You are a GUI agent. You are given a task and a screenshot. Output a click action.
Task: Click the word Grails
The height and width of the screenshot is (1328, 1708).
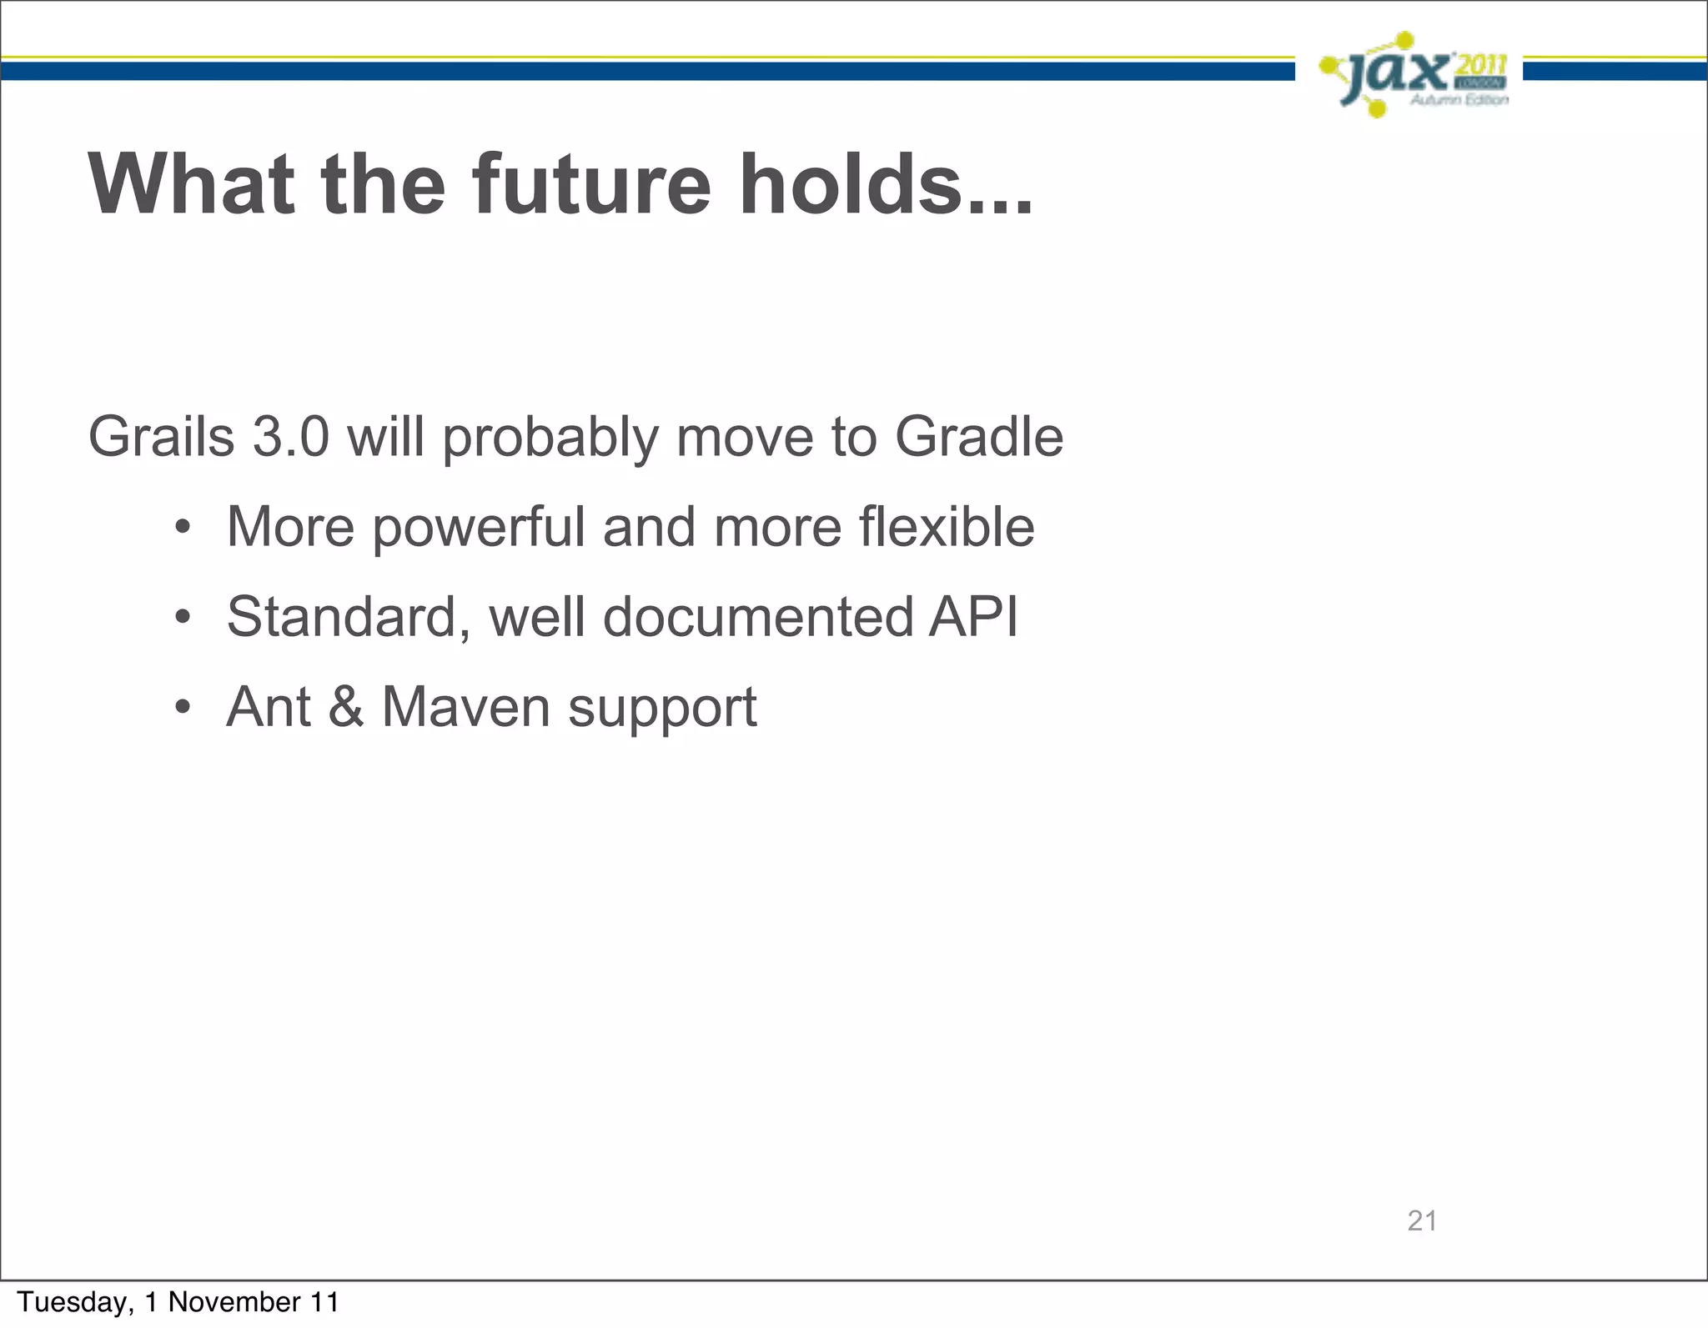click(162, 437)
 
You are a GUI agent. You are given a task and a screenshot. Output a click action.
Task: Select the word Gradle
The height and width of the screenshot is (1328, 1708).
click(979, 437)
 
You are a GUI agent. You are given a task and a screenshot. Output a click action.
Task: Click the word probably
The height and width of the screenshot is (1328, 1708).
click(550, 438)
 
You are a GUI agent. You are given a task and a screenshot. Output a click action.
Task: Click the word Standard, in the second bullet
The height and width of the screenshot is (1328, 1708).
click(349, 619)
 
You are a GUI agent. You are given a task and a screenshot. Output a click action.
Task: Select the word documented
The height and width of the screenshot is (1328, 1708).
click(758, 617)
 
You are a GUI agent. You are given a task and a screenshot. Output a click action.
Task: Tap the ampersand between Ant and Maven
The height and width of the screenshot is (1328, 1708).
click(345, 707)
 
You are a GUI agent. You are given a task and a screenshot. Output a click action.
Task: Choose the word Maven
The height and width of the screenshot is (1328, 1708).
click(465, 707)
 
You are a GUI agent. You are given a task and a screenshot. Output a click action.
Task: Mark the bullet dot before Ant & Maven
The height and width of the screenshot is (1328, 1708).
click(183, 709)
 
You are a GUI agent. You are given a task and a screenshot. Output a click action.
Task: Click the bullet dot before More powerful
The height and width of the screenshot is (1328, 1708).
click(183, 529)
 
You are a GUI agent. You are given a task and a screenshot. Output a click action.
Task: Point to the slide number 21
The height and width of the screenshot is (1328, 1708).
click(1422, 1220)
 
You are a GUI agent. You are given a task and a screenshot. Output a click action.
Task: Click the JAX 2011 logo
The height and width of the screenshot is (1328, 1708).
click(1414, 75)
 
